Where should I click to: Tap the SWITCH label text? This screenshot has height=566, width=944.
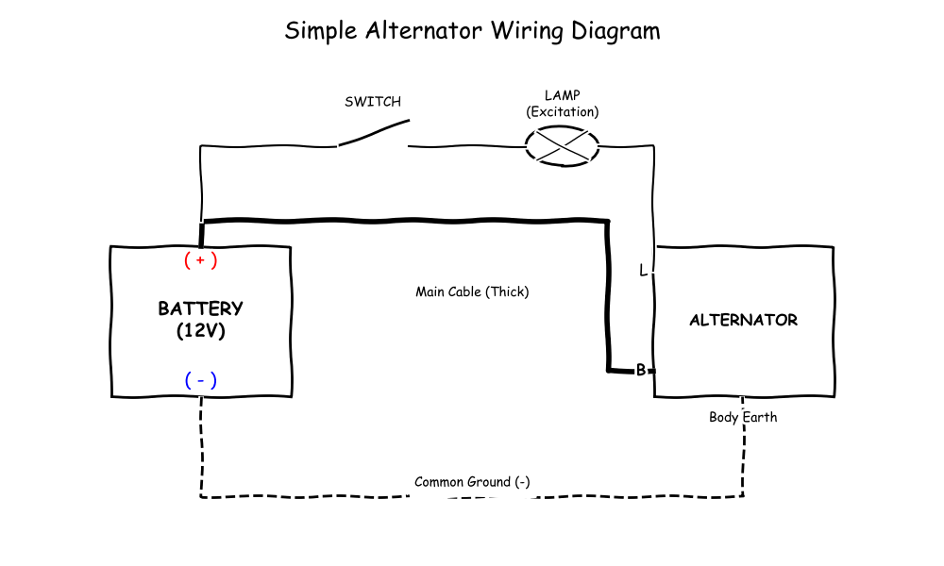point(372,102)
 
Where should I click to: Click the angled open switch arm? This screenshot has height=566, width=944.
point(374,133)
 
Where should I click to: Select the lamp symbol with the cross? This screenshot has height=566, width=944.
point(563,145)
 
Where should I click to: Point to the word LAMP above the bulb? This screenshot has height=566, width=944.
point(563,95)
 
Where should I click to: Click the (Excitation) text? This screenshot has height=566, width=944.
point(563,111)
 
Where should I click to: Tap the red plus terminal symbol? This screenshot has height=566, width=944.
point(201,259)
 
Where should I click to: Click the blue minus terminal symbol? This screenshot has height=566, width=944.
point(201,380)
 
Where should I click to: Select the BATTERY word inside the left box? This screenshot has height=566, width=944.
point(201,308)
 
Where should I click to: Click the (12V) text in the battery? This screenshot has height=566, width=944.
point(201,331)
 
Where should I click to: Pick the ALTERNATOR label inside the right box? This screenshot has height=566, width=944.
point(743,320)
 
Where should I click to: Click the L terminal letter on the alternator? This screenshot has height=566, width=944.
point(643,271)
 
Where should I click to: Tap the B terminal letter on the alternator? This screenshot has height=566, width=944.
point(640,370)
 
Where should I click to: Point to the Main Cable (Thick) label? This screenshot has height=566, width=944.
point(472,291)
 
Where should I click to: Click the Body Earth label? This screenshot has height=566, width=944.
point(743,417)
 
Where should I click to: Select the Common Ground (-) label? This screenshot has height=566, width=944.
point(472,482)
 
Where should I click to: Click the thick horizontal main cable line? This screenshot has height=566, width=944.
point(406,221)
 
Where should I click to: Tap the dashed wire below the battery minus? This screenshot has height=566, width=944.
point(201,443)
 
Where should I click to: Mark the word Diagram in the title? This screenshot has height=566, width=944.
point(615,30)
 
